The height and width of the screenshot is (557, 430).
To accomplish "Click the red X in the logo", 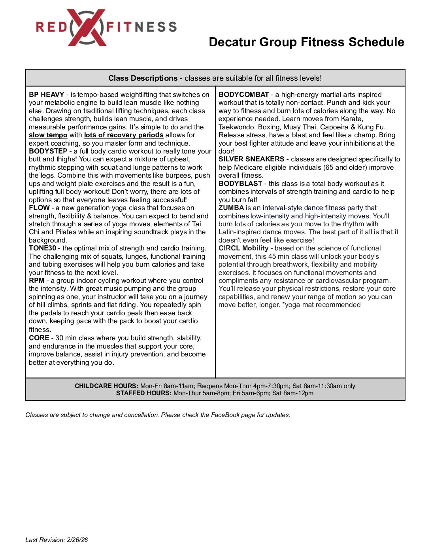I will coord(87,27).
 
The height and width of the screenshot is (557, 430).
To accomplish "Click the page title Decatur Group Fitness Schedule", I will coord(306,42).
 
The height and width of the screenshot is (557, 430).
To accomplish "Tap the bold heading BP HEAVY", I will coord(47,95).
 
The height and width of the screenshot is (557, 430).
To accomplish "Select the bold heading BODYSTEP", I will coord(48,151).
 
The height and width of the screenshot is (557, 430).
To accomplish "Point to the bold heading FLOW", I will coord(39,208).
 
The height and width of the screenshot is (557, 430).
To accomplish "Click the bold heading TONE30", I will coord(42,248).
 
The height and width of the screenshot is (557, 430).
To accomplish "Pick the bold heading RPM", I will coord(36,280).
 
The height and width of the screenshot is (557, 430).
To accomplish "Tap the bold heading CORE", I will coord(39,338).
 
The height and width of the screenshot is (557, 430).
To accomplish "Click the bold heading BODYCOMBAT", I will coord(243,95).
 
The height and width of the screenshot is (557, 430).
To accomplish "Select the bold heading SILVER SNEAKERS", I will coord(251,159).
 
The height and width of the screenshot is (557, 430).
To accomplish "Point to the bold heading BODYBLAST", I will coord(240,184).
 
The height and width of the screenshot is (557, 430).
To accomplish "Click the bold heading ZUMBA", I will coord(231,208).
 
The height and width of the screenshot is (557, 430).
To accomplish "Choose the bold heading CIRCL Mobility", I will coord(243,248).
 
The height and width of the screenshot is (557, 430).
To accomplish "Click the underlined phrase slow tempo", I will coord(48,135).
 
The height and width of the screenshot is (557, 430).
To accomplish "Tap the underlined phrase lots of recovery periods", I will coord(124,135).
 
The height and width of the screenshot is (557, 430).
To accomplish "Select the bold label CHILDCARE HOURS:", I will coord(106,386).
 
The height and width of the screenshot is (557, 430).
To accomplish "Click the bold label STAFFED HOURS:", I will coord(144,393).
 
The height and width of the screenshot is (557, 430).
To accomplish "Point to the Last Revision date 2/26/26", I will coord(77,540).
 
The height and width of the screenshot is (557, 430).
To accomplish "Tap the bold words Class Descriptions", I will coord(143,78).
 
